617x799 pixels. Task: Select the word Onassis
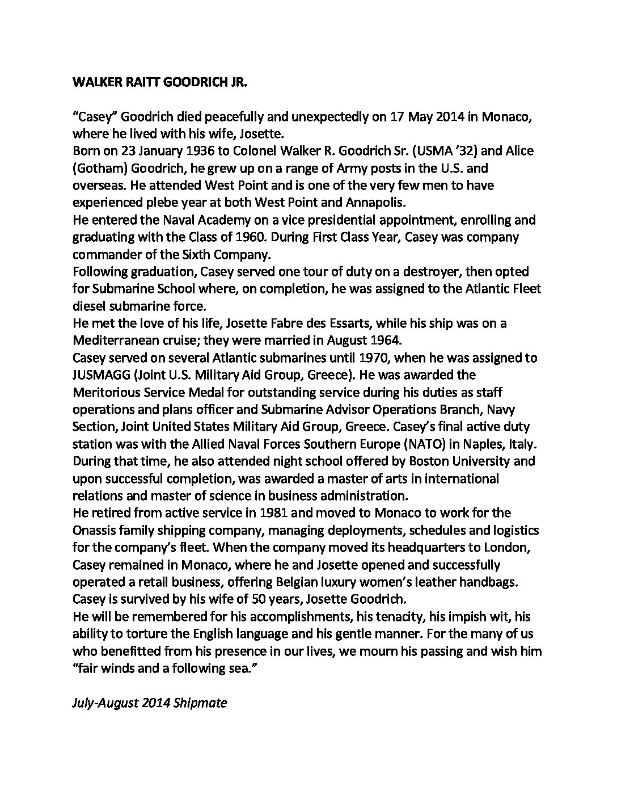pyautogui.click(x=97, y=531)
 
